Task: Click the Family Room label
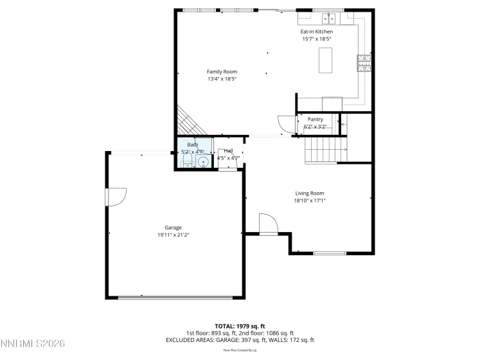(222, 71)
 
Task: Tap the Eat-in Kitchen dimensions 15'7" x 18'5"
(316, 39)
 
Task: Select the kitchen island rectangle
(324, 60)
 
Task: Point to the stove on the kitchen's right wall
(364, 62)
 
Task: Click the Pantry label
(315, 119)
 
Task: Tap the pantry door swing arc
(283, 123)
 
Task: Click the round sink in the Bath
(204, 161)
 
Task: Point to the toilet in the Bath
(187, 161)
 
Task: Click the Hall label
(228, 150)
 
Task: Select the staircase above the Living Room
(325, 150)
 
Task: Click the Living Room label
(309, 193)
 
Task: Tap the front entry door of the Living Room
(268, 224)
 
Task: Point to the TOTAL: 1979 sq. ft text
(240, 326)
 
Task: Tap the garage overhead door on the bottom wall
(175, 298)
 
